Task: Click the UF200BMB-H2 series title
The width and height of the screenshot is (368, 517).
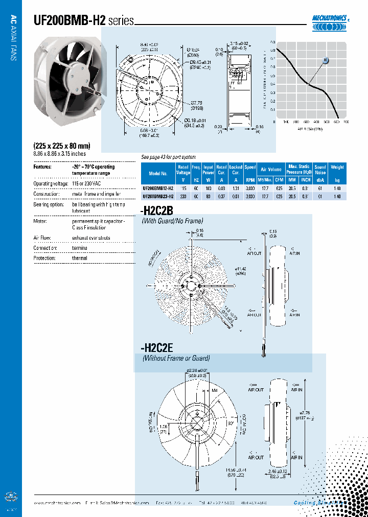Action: tap(83, 20)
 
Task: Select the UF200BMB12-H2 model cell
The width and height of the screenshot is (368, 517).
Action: tap(158, 188)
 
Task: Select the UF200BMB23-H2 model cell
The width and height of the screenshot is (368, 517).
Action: tap(158, 196)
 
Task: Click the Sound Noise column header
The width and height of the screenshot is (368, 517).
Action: tap(320, 170)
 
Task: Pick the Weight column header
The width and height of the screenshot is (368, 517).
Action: tap(337, 167)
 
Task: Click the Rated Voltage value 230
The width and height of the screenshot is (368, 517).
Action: tap(183, 196)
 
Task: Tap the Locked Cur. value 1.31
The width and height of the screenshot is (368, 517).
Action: tap(236, 188)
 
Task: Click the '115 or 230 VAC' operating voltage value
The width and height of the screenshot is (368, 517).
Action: tap(87, 183)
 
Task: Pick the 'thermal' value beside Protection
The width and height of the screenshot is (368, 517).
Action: tap(80, 258)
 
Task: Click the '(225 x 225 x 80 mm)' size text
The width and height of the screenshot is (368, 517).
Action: tap(61, 145)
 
